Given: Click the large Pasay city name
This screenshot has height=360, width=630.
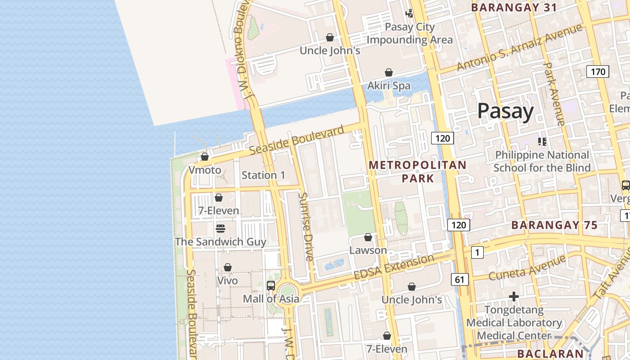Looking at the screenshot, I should click(505, 111).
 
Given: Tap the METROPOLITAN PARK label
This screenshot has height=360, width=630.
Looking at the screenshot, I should click(418, 171).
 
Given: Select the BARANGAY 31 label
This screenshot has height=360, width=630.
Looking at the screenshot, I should click(514, 7).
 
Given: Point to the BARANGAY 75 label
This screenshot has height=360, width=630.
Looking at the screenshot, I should click(554, 225).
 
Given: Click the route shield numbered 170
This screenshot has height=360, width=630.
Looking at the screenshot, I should click(598, 72).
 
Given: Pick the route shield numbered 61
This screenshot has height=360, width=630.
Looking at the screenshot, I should click(459, 279).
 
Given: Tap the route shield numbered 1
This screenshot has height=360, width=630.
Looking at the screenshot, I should click(477, 252).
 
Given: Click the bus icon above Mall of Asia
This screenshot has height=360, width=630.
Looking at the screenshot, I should click(271, 285).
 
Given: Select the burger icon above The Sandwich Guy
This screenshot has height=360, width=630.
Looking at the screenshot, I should click(220, 229).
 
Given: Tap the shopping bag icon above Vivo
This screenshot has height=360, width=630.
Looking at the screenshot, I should click(228, 267).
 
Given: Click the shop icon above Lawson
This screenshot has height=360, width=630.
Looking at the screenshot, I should click(368, 237).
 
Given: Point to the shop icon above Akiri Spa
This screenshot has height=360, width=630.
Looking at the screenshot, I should click(389, 72).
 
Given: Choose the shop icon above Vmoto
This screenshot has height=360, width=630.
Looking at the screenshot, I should click(205, 157).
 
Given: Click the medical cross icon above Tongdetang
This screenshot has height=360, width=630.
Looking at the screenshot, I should click(514, 297).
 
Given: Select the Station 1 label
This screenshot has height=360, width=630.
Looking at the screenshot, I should click(263, 175).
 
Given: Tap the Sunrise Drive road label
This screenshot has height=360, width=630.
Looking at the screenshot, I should click(306, 227).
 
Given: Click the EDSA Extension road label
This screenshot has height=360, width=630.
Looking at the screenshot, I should click(394, 266).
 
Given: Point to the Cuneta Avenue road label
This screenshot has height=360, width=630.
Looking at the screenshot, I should click(527, 267).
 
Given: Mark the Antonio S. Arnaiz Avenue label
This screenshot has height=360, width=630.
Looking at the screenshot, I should click(519, 47).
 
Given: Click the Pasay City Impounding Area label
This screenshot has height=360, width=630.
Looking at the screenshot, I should click(409, 33).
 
